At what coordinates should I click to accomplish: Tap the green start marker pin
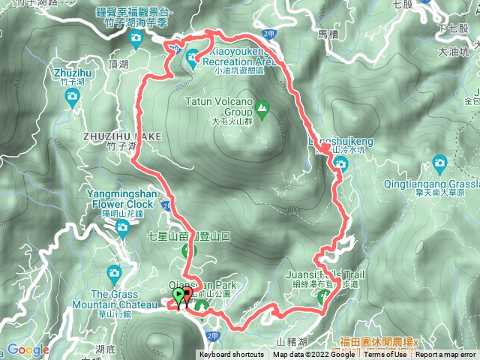click(178, 297)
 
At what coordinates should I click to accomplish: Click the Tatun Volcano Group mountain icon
click(262, 110)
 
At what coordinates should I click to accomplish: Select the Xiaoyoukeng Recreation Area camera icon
click(193, 55)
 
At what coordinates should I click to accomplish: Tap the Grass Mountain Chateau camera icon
click(114, 272)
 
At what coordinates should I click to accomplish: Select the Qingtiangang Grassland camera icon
click(440, 162)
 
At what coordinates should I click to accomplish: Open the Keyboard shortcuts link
click(231, 355)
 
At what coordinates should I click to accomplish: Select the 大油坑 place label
click(454, 52)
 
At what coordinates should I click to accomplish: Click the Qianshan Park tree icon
click(201, 306)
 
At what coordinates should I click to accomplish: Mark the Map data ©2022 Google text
click(314, 355)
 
